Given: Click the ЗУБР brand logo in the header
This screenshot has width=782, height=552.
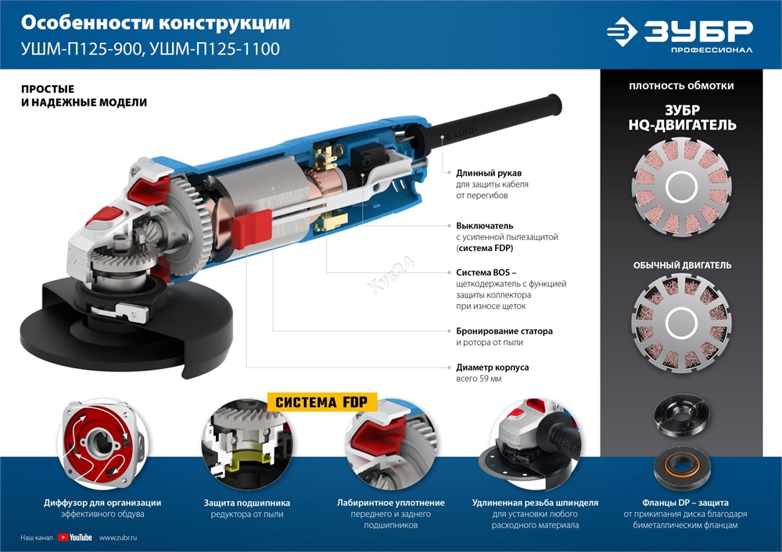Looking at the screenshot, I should (680, 34).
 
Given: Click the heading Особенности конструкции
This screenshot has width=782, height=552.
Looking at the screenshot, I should (156, 23).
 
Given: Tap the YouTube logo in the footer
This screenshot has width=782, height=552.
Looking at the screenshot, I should (75, 537).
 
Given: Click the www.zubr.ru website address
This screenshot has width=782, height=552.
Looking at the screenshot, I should (119, 537).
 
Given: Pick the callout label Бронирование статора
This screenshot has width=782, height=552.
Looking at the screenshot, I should (504, 331).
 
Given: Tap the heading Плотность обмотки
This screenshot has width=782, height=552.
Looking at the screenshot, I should (681, 86).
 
